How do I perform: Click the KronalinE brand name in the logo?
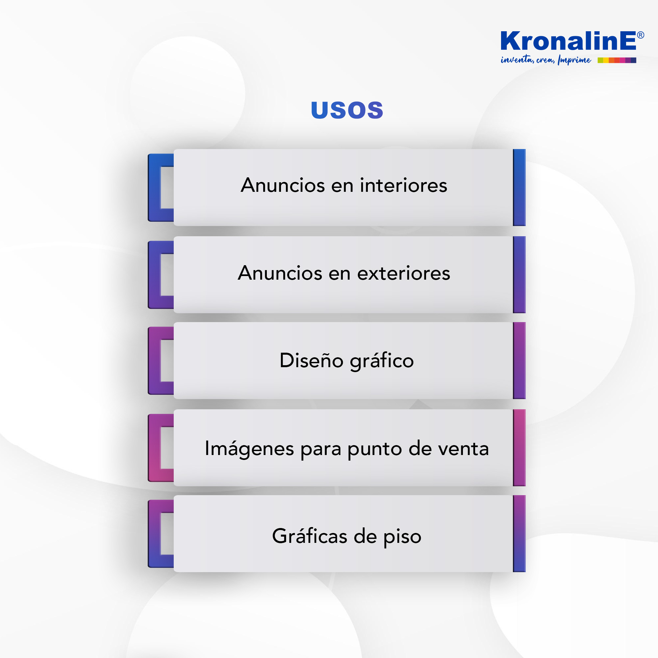point(568,41)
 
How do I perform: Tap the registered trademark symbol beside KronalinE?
point(640,35)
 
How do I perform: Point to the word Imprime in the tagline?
point(574,60)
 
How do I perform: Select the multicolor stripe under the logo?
point(617,60)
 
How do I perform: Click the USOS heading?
point(347,110)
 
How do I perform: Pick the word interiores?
point(404,186)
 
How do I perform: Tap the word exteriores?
point(404,273)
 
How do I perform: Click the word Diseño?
point(311,360)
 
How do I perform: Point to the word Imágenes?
point(249,449)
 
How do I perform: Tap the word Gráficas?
point(310,536)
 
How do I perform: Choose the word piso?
point(403,538)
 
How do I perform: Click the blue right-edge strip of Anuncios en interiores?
point(519,188)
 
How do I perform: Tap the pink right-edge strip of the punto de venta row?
point(519,448)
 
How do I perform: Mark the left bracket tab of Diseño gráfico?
point(155,361)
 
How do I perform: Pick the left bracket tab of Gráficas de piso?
point(155,534)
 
